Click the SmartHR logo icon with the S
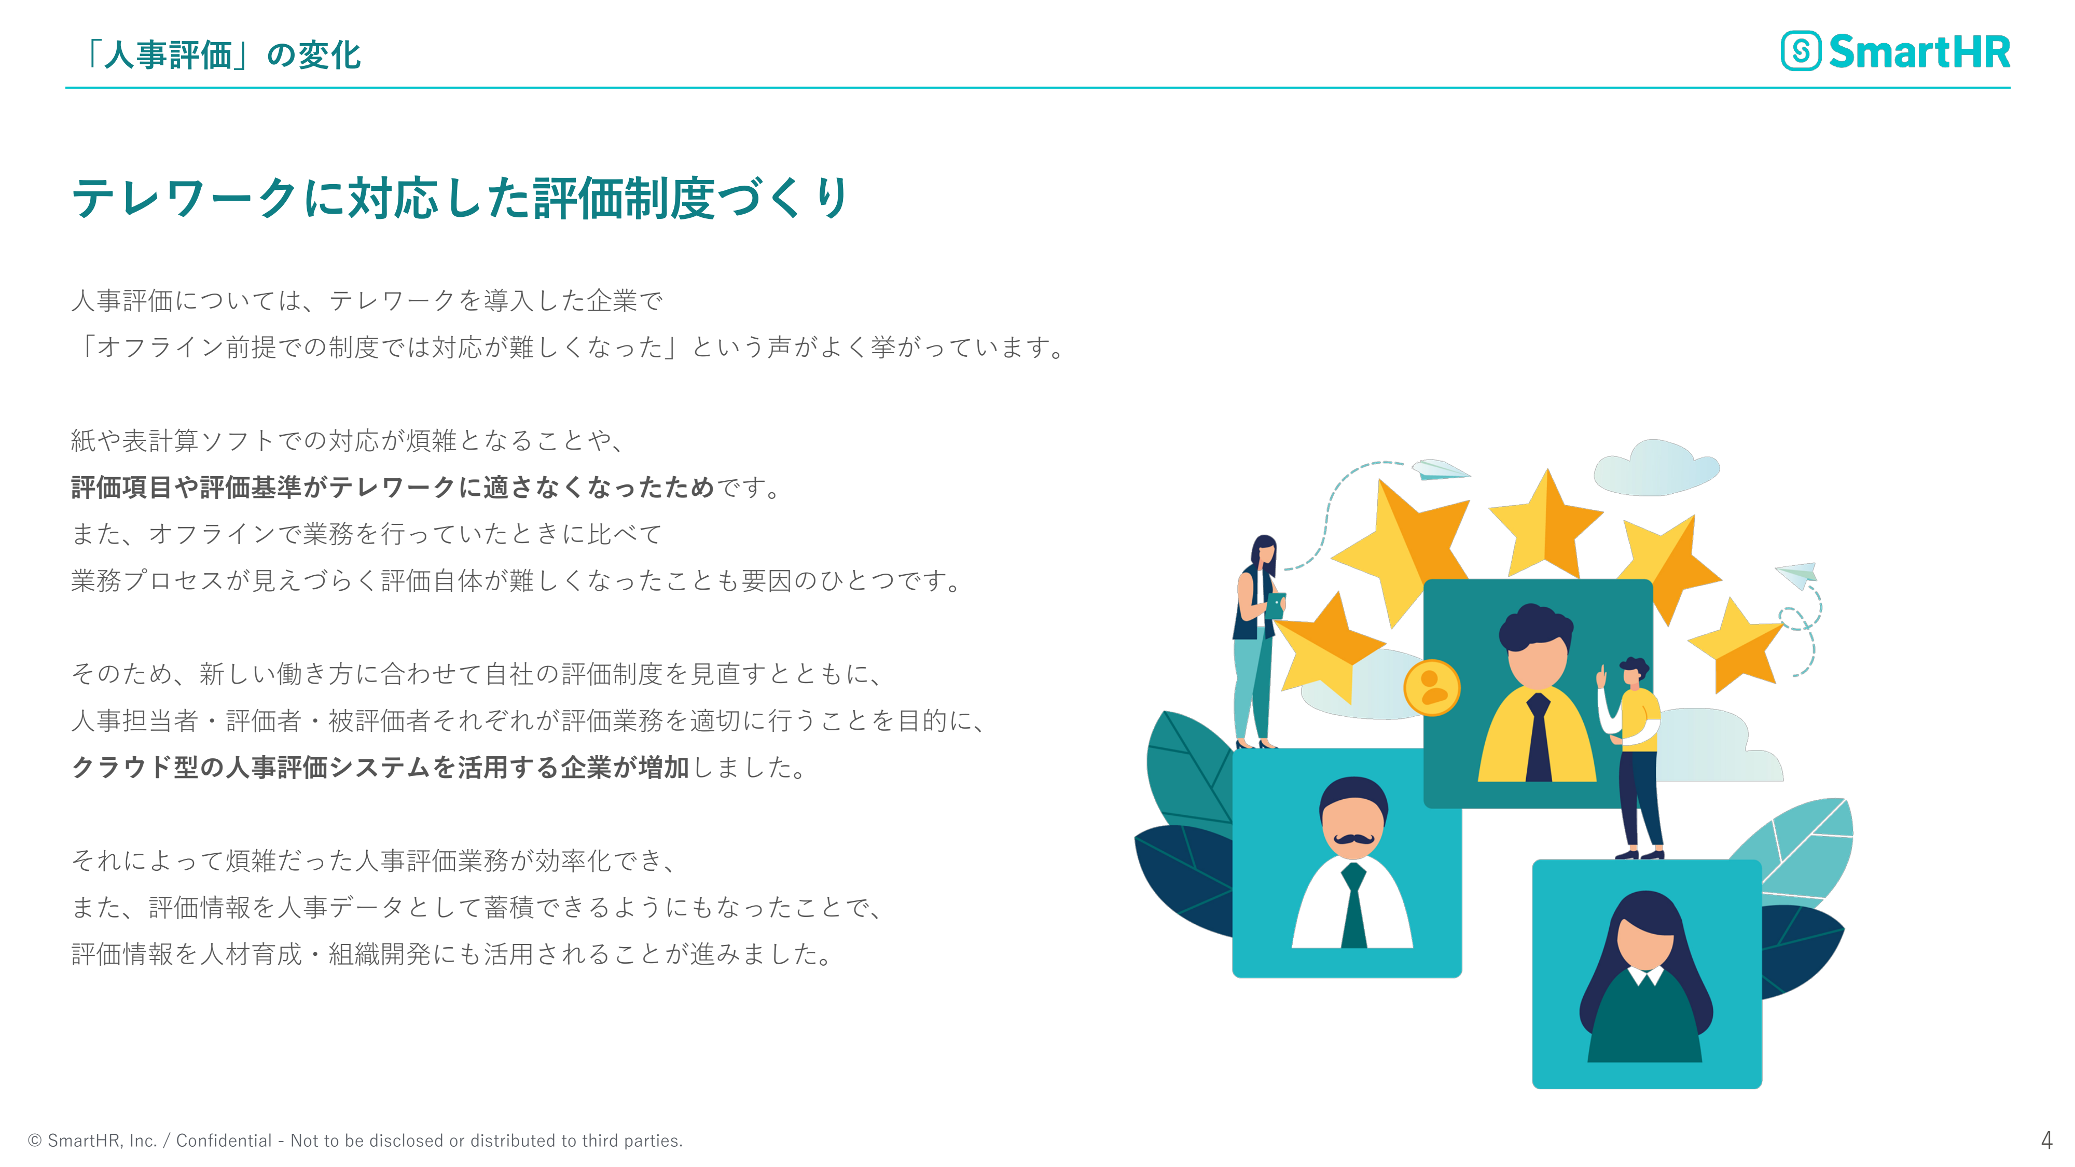(1800, 51)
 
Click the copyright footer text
(355, 1141)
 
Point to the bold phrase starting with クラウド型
(380, 767)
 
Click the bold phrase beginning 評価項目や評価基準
(393, 487)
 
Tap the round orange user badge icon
(1431, 688)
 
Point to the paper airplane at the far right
(1798, 574)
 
